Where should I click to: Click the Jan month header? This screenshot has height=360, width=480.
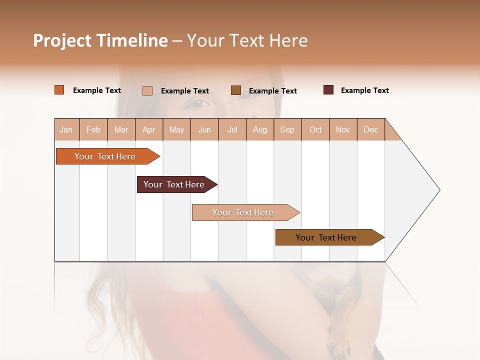(x=66, y=129)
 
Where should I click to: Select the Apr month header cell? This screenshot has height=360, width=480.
(x=149, y=129)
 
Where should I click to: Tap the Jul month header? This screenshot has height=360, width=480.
(x=232, y=129)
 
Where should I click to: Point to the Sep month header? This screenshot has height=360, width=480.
(x=287, y=129)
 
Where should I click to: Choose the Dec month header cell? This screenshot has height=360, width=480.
(x=370, y=129)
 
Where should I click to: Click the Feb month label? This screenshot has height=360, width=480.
(x=93, y=129)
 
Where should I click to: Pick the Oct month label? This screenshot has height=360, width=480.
(x=315, y=129)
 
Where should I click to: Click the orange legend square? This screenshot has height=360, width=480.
(x=59, y=90)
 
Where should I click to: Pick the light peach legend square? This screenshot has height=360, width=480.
(x=147, y=90)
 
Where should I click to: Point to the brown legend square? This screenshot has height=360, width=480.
(x=236, y=90)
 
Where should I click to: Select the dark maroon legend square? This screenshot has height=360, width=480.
(x=328, y=90)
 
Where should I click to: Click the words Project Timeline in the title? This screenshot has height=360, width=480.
(x=100, y=40)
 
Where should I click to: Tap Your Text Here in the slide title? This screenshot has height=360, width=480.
(x=247, y=40)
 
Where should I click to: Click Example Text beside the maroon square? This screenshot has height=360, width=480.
(x=364, y=90)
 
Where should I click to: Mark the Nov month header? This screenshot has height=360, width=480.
(x=343, y=129)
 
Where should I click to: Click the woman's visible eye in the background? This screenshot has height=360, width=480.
(x=198, y=103)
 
